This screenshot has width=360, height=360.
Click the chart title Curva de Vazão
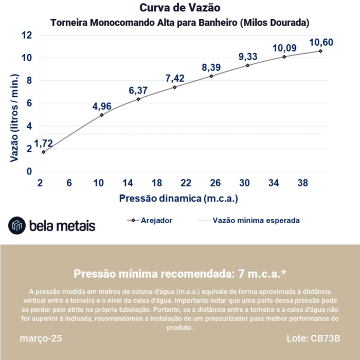coord(180,8)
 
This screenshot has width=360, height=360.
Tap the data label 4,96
coord(102,106)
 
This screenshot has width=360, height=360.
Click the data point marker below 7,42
coord(175,87)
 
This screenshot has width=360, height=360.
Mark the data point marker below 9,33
coord(247,65)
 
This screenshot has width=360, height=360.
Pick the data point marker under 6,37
coord(138,99)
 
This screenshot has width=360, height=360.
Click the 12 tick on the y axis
coord(27,35)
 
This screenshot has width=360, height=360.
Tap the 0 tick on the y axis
coord(29,171)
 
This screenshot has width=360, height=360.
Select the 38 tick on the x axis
coord(303,183)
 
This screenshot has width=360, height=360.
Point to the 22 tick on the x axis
coord(186,183)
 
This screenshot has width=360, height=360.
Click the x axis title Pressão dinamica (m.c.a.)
coord(178,198)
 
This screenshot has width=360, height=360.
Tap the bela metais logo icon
coord(17,225)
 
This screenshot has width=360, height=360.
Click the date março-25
coord(41,339)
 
